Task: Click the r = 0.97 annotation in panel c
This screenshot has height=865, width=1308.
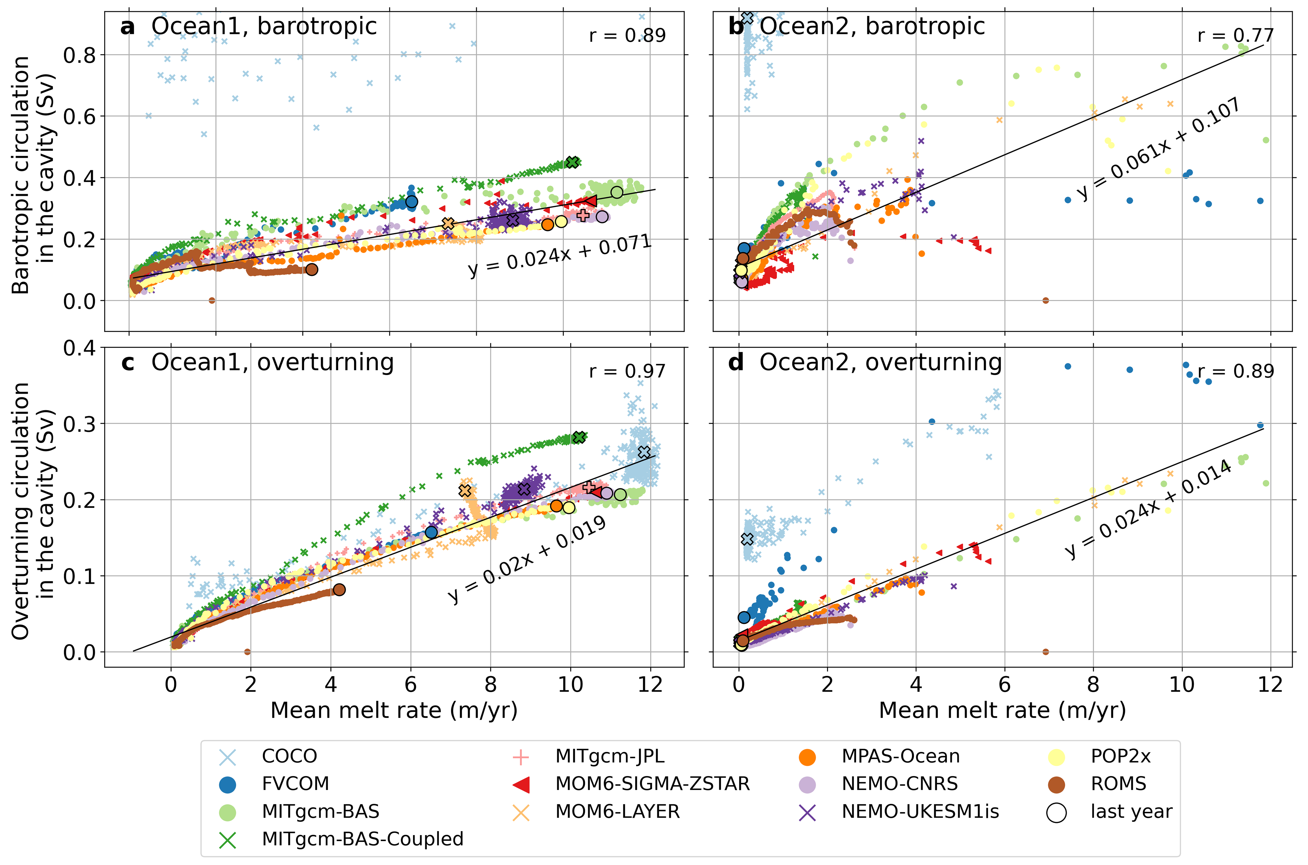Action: pos(627,371)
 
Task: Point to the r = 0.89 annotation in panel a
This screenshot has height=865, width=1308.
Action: pos(627,35)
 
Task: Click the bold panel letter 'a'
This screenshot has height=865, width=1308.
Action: pos(128,26)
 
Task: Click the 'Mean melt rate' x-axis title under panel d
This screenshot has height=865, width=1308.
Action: pos(1002,711)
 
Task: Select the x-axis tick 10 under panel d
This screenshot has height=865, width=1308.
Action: pos(1182,685)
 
